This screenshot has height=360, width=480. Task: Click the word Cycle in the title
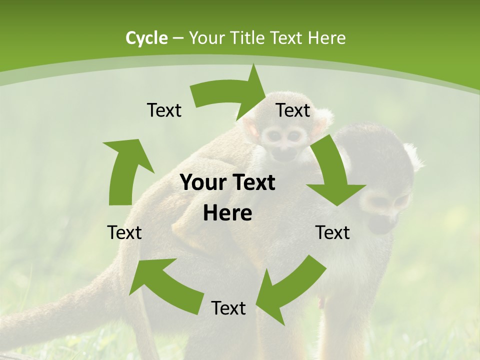pyautogui.click(x=146, y=38)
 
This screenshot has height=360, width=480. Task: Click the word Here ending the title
pyautogui.click(x=326, y=38)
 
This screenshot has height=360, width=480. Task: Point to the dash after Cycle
pyautogui.click(x=178, y=38)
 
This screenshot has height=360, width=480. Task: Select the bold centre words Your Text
pyautogui.click(x=227, y=183)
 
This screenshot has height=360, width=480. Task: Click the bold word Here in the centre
pyautogui.click(x=227, y=213)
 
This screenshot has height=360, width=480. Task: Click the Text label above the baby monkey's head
pyautogui.click(x=293, y=110)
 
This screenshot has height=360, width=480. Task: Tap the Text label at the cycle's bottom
pyautogui.click(x=228, y=308)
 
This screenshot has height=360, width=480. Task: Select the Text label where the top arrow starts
pyautogui.click(x=164, y=110)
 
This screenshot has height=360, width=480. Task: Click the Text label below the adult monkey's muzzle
pyautogui.click(x=332, y=233)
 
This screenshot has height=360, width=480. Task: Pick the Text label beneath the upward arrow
pyautogui.click(x=124, y=233)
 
